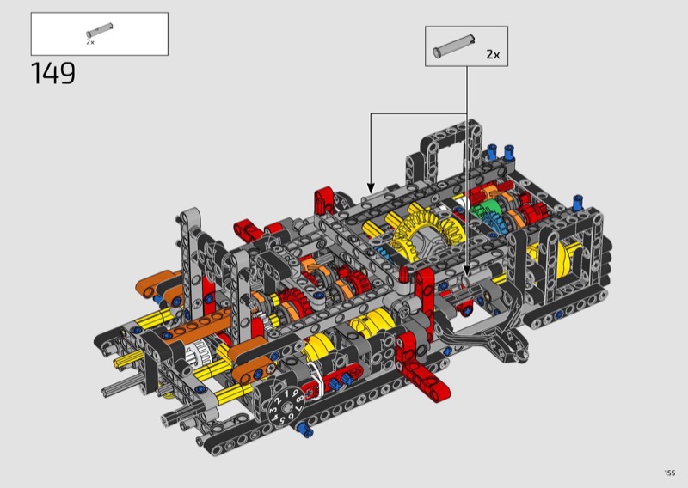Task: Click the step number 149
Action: [53, 73]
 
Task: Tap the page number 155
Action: [670, 473]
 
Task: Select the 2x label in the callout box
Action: [493, 54]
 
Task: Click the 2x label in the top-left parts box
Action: [90, 42]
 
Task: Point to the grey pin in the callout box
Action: [454, 46]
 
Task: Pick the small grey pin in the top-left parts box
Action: [100, 30]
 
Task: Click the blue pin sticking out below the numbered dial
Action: [304, 429]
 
